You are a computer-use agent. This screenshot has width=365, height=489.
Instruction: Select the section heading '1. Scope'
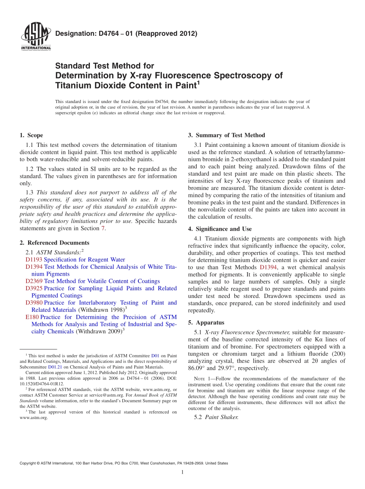pos(31,135)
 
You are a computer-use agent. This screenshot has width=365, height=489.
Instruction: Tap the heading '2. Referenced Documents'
pos(54,243)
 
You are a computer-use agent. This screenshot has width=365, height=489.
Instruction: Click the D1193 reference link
pos(34,259)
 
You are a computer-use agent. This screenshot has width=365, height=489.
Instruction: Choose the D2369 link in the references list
pos(34,281)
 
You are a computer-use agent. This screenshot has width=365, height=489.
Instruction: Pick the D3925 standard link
pos(34,288)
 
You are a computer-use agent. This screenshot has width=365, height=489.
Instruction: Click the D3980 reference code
pos(34,303)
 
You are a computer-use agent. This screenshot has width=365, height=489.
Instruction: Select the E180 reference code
pos(32,317)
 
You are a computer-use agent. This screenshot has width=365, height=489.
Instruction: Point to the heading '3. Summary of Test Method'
pos(226,135)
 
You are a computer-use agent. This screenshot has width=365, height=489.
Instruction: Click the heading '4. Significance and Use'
pos(220,229)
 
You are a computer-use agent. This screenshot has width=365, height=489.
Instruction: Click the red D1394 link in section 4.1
pos(268,268)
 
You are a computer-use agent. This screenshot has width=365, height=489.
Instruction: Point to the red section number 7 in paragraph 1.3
pos(103,228)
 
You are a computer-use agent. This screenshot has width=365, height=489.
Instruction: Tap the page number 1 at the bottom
pos(182,472)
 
